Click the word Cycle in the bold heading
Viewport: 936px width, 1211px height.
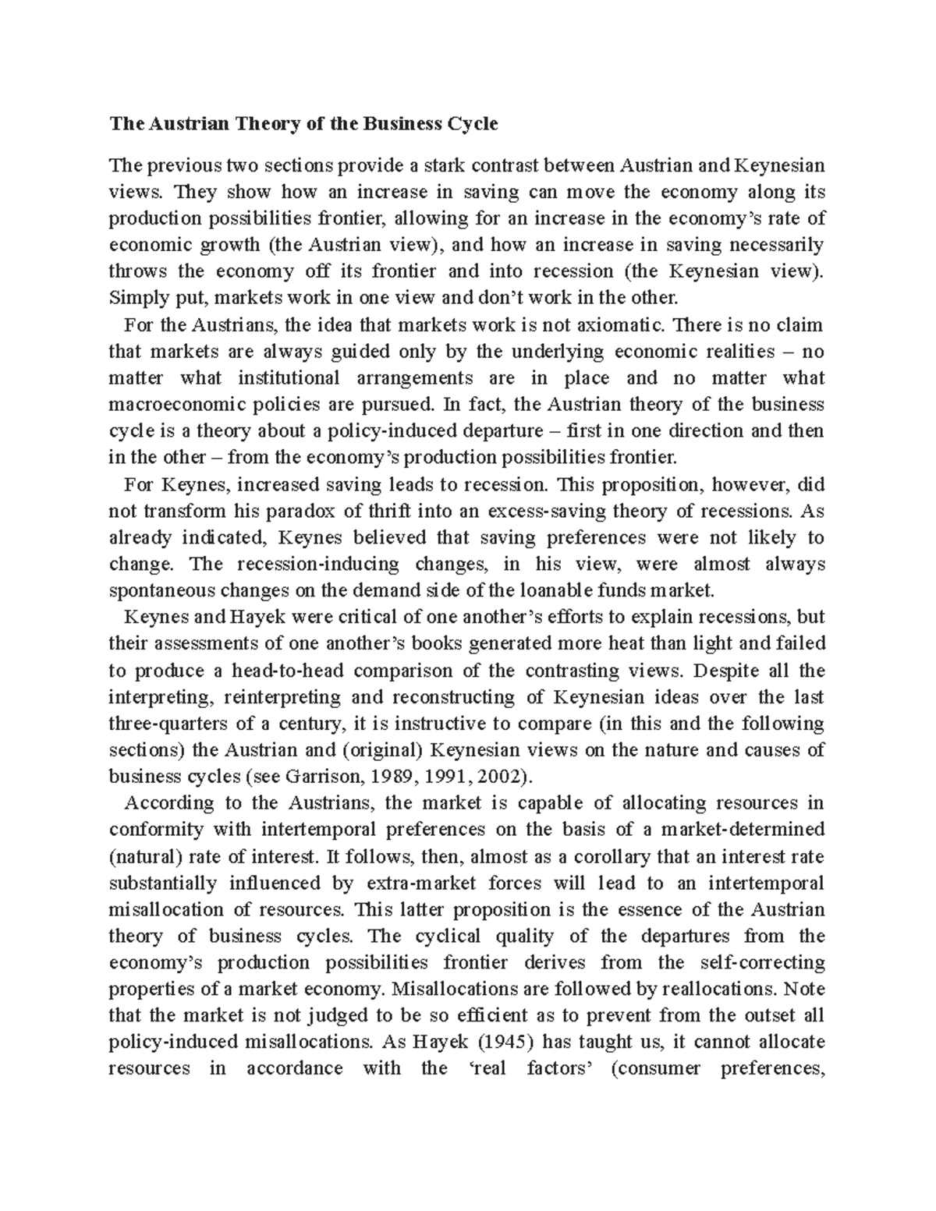(471, 124)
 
